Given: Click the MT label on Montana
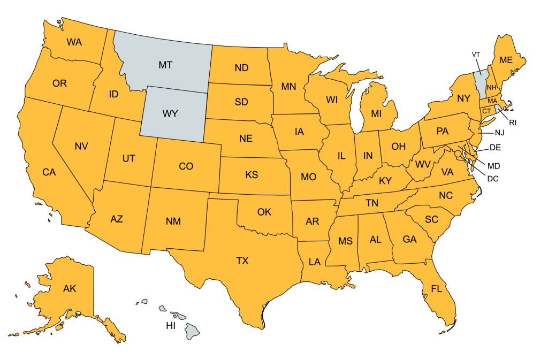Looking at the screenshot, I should point(165,65).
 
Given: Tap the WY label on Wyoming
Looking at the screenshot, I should point(170,114).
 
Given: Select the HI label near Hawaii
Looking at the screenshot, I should point(171,325).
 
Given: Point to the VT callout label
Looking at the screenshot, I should point(476,55).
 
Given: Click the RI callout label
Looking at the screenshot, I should point(513,122).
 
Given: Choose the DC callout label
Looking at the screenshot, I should point(493,178).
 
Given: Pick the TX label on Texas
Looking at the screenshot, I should point(242,261).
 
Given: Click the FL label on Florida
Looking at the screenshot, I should point(436,289).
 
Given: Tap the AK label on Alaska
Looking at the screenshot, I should point(70,289).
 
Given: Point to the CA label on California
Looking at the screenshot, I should point(49,172).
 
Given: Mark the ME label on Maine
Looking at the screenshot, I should point(506,60).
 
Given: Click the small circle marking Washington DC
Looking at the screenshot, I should point(458,154).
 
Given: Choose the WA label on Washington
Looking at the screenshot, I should point(74,42).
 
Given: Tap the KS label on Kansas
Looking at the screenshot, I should point(252,174).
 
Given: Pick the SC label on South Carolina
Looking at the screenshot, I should point(431,219).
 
